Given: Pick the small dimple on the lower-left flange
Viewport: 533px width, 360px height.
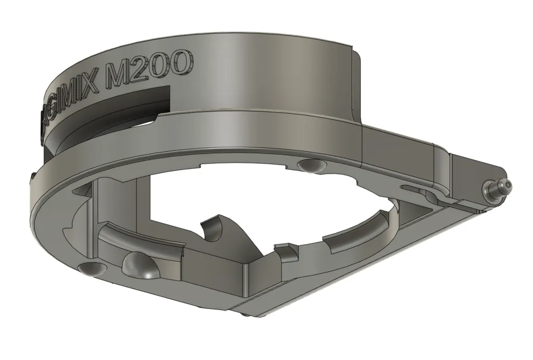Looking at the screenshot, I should tap(92, 269).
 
